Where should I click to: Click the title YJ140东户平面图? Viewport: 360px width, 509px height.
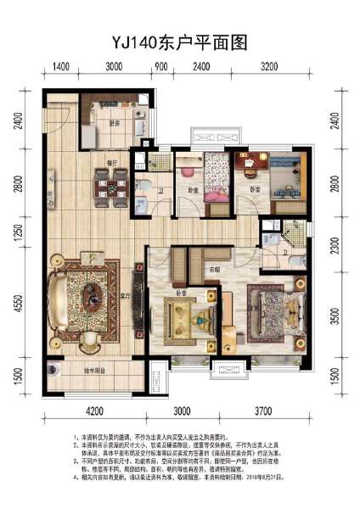coord(179,39)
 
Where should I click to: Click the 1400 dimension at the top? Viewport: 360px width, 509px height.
coord(60,66)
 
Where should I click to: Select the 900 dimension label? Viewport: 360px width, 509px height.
coord(162,66)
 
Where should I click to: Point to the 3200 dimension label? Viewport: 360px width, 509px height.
coord(269,66)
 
